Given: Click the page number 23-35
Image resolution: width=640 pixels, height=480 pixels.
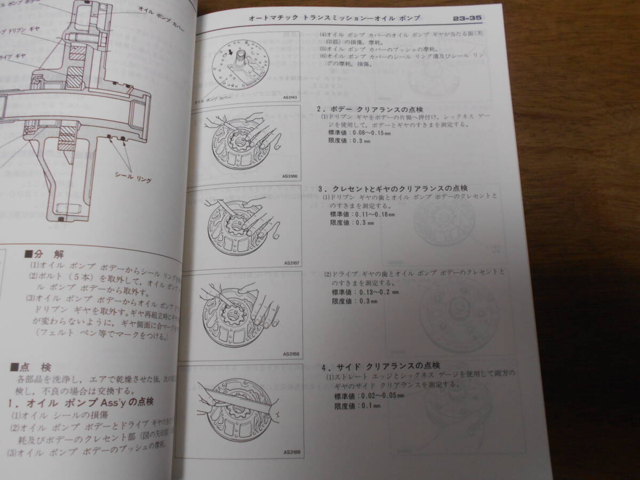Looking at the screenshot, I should pos(467,18).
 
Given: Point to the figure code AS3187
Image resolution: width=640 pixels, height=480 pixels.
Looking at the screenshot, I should pos(292,262).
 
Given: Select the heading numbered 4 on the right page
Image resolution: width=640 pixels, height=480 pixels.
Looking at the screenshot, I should pos(381,366).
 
